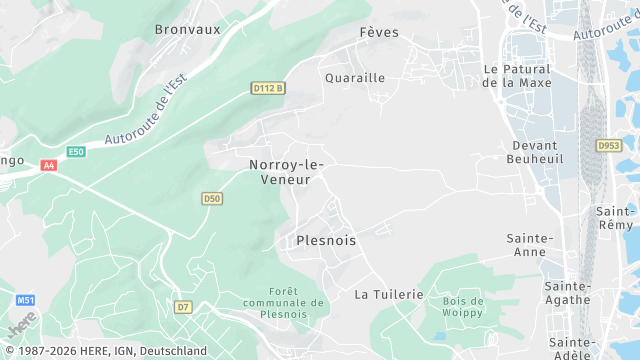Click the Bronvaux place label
coord(187,30)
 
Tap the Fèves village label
coord(379,33)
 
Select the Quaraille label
coord(355,77)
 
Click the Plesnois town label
coord(326,241)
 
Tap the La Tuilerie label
coord(389,295)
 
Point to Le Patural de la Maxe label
coord(518,76)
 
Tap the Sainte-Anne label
coord(531,245)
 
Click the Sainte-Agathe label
coord(567,293)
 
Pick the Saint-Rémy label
coord(616,219)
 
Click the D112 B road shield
coord(268,88)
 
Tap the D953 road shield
coord(609,146)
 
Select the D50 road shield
coord(211,199)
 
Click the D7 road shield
coord(183,307)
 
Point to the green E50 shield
coord(76,152)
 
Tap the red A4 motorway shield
coord(49,165)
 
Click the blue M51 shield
coord(26,300)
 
